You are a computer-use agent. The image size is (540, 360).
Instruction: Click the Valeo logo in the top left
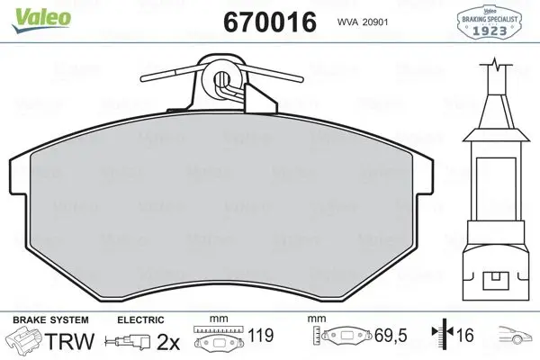tap(41, 19)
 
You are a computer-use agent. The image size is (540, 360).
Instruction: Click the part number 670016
tap(270, 22)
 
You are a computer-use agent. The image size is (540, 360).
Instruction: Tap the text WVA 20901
tap(363, 22)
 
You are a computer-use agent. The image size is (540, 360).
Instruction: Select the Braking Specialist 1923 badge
tap(490, 22)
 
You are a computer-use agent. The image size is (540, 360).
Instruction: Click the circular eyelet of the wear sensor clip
tap(221, 78)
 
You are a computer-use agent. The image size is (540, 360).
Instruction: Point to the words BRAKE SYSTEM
tap(50, 319)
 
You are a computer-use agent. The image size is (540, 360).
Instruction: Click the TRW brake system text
tap(69, 341)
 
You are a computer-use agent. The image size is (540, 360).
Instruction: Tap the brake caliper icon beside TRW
tap(23, 339)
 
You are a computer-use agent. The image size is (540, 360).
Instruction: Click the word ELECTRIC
tap(140, 319)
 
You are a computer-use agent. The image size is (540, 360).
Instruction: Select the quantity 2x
tap(168, 342)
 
